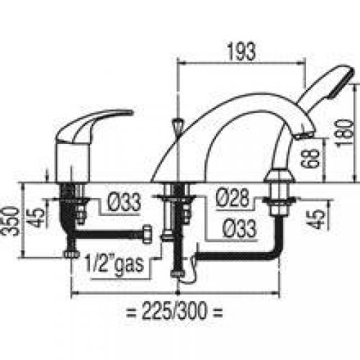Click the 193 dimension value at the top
(241, 52)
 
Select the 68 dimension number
(310, 158)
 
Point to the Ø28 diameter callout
(233, 197)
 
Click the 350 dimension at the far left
(10, 221)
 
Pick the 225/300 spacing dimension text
(174, 312)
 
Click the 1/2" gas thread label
(114, 265)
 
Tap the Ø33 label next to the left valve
(124, 202)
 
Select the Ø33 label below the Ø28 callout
(240, 228)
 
